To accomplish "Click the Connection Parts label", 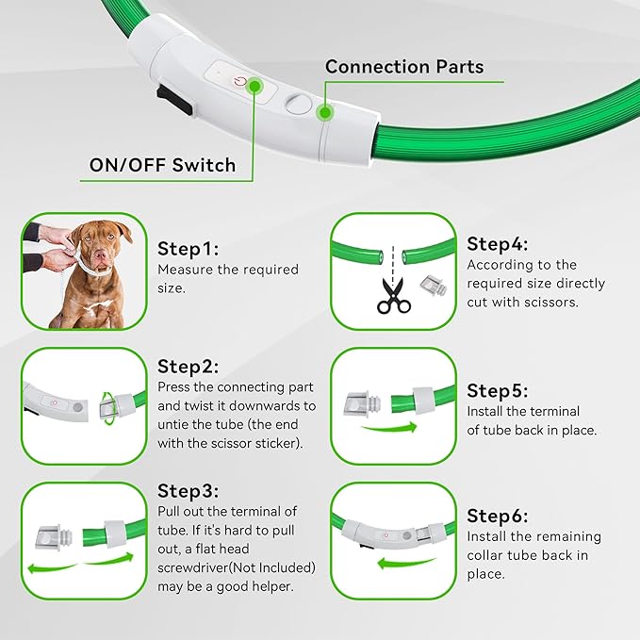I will tap(404, 67).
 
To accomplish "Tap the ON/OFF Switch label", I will tap(162, 165).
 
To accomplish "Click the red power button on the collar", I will tap(244, 81).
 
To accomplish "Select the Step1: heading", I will tap(189, 249).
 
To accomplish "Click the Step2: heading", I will tap(189, 366).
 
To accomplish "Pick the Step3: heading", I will tap(189, 490).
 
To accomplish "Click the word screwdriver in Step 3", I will tap(197, 567).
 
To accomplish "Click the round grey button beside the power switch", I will tap(298, 102).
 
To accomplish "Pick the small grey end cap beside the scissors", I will tap(433, 285).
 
